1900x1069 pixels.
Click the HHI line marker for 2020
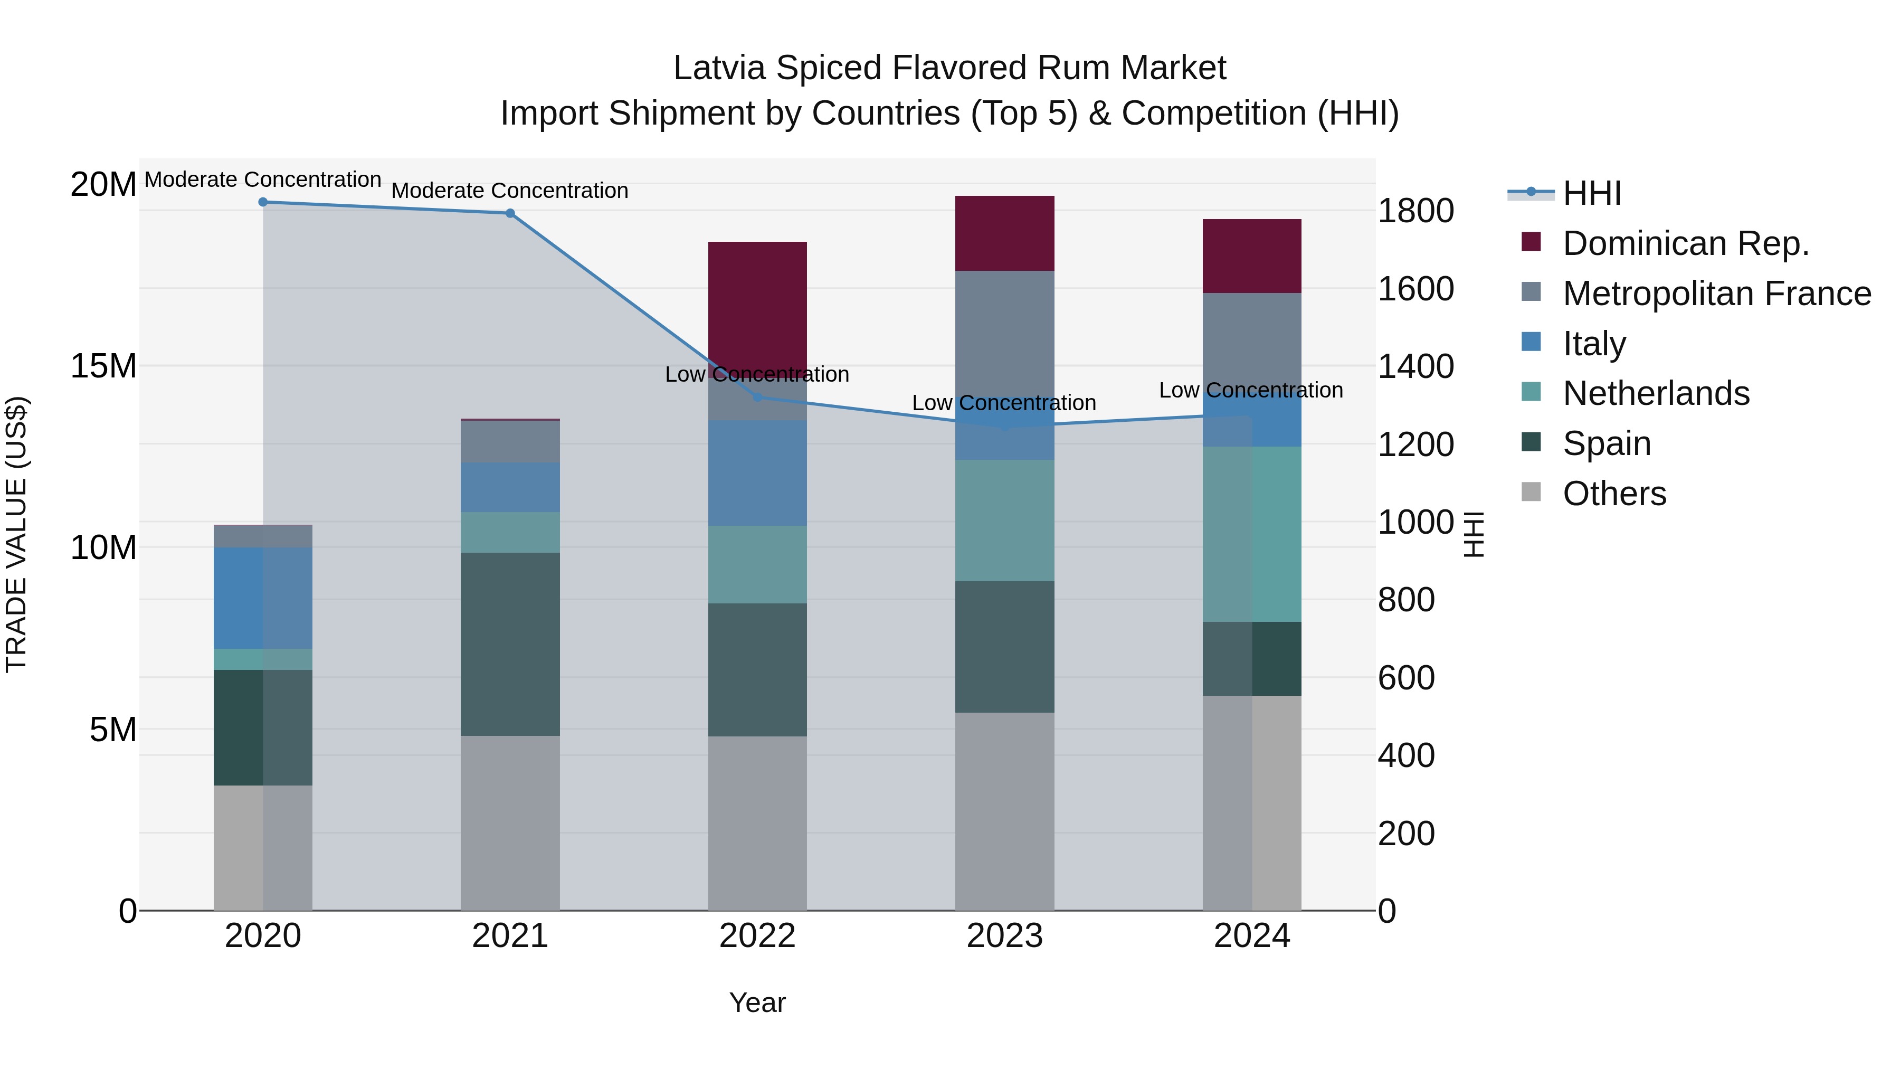pos(263,202)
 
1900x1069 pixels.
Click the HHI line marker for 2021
pos(510,213)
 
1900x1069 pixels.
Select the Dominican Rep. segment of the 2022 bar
pos(757,302)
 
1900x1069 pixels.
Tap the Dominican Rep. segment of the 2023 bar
pos(1004,233)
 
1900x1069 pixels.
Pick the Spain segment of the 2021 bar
pos(510,644)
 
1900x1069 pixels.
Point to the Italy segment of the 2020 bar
pos(263,598)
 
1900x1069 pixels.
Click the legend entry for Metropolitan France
pos(1716,294)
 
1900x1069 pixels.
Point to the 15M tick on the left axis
pos(103,366)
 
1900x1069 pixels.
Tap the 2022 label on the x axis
pos(757,936)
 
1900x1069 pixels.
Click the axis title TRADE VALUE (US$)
pos(16,534)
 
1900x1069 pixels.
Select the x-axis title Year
pos(757,1002)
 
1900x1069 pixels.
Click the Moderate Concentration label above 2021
pos(510,191)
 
